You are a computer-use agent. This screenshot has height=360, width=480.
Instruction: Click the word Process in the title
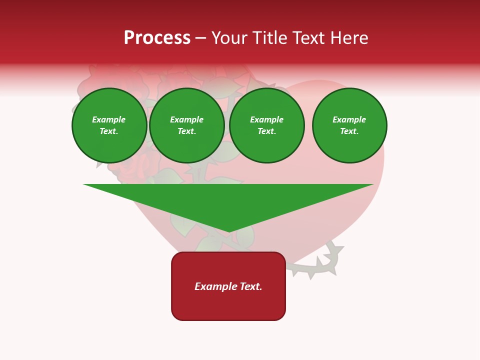(x=157, y=38)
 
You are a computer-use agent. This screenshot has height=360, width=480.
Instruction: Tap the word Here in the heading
(x=349, y=38)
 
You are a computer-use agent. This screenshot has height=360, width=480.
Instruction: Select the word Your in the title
(x=229, y=38)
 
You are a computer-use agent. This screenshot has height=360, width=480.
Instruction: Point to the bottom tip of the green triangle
(x=228, y=231)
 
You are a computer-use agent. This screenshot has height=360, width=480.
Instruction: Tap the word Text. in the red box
(x=251, y=286)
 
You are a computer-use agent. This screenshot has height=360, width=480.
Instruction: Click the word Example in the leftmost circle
(x=109, y=119)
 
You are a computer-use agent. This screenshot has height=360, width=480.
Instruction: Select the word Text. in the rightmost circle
(x=349, y=131)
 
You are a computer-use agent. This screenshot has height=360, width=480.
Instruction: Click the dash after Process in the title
(x=200, y=38)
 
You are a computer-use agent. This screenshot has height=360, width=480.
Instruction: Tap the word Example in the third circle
(x=266, y=119)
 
